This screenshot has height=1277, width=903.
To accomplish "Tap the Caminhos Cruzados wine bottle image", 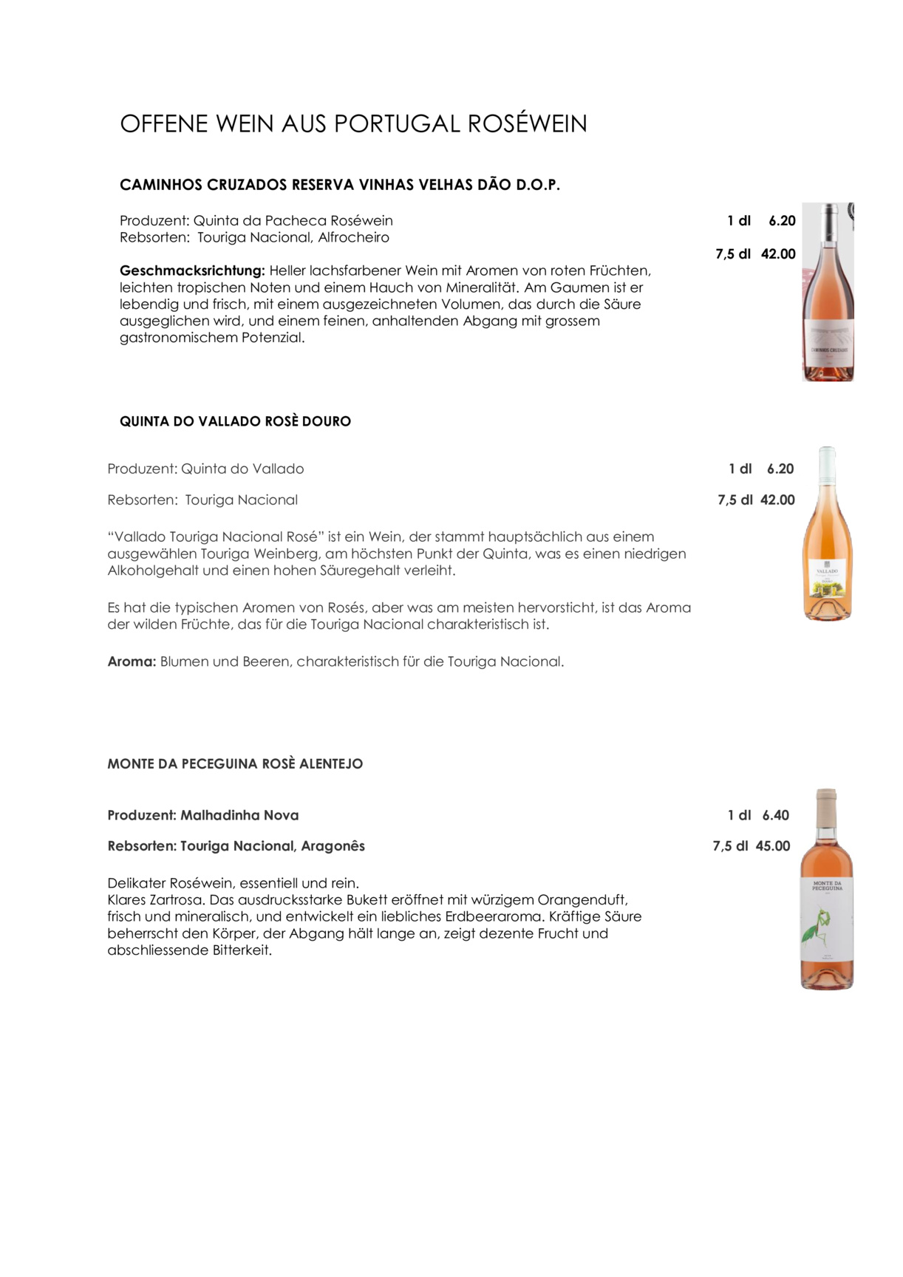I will (x=828, y=292).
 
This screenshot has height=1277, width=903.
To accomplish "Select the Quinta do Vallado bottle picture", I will (x=827, y=534).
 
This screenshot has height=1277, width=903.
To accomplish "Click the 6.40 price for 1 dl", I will (x=775, y=815).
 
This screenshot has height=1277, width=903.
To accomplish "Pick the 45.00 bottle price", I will (x=772, y=846).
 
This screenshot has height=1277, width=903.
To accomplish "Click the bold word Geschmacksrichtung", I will (x=191, y=270).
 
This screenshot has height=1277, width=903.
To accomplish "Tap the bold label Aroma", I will (x=132, y=661).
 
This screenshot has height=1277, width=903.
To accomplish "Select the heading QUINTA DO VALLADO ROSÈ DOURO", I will (x=235, y=421).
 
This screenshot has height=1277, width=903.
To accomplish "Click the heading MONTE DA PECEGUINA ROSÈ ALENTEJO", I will (x=235, y=764).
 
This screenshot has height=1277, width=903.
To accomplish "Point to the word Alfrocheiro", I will (x=353, y=237).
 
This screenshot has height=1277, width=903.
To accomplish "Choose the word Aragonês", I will (x=333, y=846).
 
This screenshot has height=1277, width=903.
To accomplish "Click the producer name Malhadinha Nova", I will (x=239, y=815).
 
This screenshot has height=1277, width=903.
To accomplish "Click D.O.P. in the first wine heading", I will (x=537, y=185).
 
